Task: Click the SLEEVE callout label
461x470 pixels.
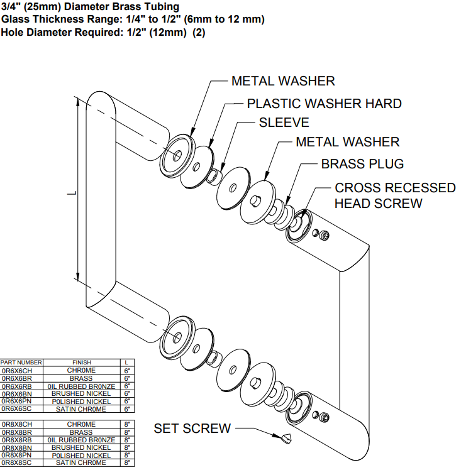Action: tap(284, 123)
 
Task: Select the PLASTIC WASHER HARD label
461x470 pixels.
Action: tap(324, 103)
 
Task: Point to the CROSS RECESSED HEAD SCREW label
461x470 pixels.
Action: tap(394, 195)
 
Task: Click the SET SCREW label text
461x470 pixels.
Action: tap(192, 429)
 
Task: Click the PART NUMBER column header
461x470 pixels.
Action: tap(21, 363)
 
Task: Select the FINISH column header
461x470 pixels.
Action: tap(82, 363)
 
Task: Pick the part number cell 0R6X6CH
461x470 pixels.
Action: tap(17, 371)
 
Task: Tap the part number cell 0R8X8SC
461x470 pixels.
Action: tap(17, 462)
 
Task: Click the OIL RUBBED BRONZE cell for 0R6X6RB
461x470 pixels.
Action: tap(82, 386)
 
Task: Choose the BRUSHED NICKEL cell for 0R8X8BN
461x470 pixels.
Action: tap(82, 447)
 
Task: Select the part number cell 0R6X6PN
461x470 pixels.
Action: tap(17, 401)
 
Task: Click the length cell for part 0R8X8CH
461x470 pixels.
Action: tap(126, 424)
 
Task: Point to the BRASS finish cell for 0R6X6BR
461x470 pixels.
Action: tap(82, 378)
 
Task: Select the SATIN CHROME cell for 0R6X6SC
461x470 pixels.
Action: tap(82, 409)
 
